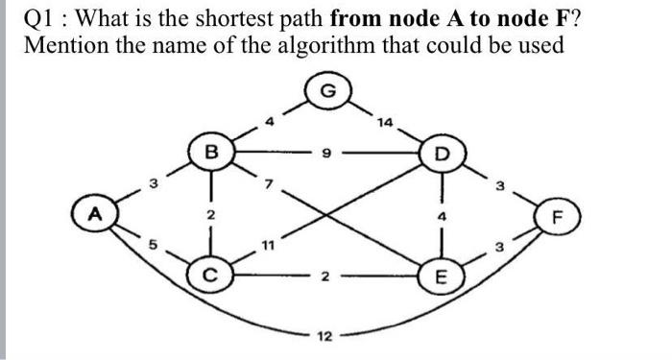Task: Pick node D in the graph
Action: coord(441,154)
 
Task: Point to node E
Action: coord(441,279)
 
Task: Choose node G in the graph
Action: coord(328,91)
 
